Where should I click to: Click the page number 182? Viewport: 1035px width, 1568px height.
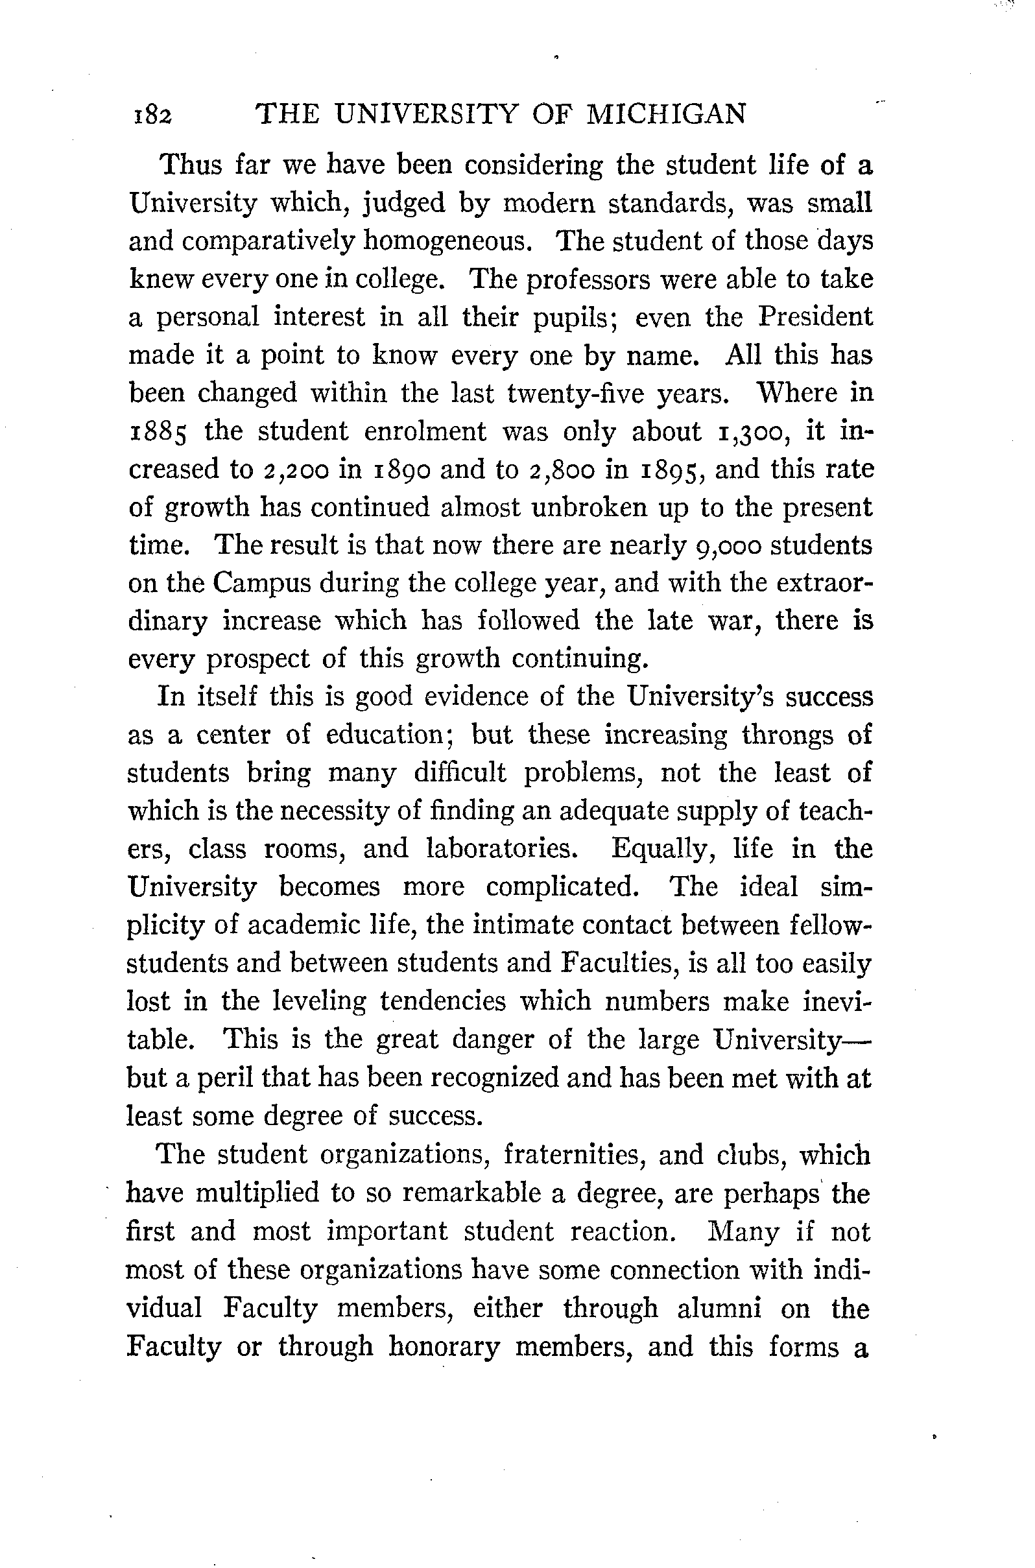[152, 115]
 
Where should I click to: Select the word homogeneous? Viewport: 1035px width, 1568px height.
[447, 241]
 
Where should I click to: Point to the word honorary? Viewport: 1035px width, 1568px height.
[444, 1346]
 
